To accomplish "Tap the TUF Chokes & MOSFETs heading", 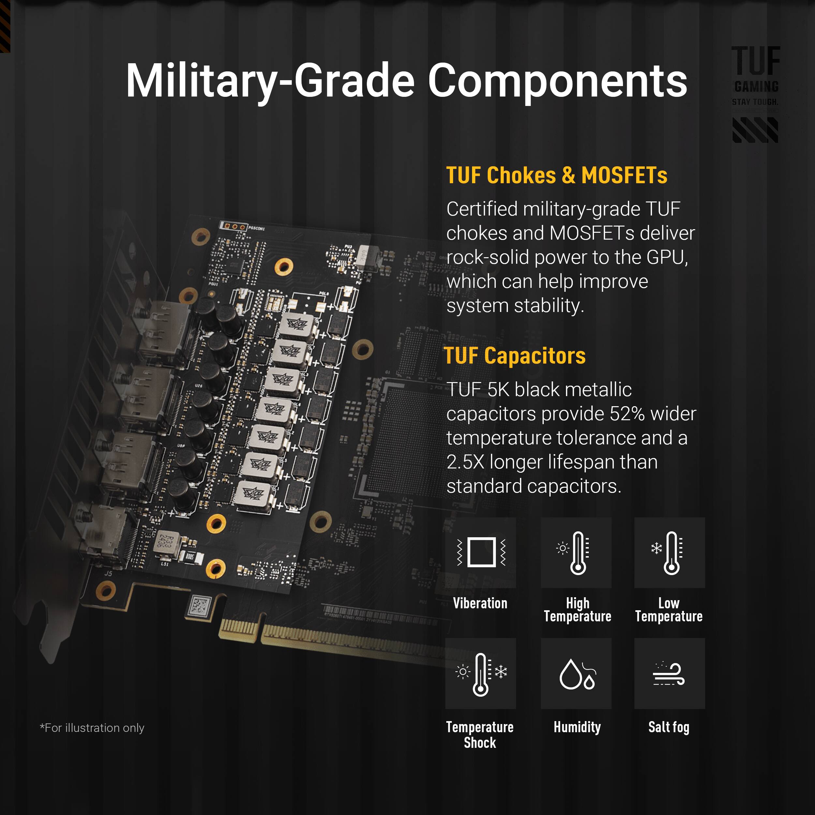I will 556,175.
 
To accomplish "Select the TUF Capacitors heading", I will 515,356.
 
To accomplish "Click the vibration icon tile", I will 481,553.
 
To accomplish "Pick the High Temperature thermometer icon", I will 576,553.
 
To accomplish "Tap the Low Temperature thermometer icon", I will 670,553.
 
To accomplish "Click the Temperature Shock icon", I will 481,674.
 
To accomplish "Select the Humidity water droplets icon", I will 576,674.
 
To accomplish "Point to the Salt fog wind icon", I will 670,674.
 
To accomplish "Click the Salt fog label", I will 669,727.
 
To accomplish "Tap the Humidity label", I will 577,727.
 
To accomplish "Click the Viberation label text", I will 480,603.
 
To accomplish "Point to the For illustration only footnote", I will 92,728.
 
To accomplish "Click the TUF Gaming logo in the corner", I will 756,94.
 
